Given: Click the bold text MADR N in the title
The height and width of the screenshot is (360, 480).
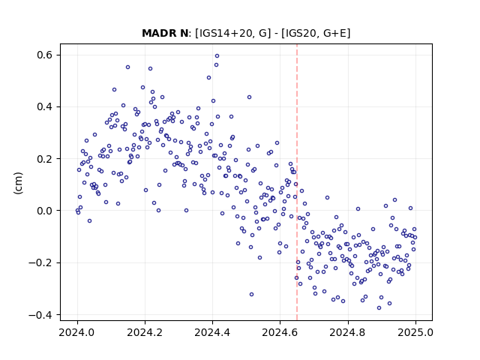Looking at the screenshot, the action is coord(165,33).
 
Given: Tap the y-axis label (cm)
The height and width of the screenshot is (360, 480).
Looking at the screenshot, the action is coord(18,183).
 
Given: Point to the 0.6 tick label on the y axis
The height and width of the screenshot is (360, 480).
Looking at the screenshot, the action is coord(44,55).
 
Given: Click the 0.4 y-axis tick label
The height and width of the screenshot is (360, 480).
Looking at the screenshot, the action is coord(44,106).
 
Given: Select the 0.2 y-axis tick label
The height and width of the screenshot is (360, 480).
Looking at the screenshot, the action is coord(44,159).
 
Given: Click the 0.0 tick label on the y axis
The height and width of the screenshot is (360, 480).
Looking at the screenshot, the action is coord(44,211).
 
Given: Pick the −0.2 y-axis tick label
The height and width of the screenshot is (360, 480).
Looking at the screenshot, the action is coord(40,262).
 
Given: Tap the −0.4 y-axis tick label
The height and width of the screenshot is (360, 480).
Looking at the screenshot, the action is coord(40,315).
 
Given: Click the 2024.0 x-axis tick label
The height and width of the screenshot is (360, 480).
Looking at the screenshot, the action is coord(77,332).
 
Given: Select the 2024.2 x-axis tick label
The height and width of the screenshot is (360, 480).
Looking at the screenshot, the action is coord(145,332).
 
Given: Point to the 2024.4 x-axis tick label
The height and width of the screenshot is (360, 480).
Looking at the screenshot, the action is coord(212,332).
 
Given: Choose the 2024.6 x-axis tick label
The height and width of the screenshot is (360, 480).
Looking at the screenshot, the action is coord(280,332).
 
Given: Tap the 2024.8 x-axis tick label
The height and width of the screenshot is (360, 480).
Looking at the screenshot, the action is coord(347,332).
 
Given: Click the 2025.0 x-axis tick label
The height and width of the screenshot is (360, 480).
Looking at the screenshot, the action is coord(415,332).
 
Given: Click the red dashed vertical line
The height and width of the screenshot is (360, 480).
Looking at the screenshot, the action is coord(297,182).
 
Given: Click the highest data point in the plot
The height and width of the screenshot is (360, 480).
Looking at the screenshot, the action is coord(217,56).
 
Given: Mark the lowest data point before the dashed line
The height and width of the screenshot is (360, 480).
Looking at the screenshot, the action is coord(252,295).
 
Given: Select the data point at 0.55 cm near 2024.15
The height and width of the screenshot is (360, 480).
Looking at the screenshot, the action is coord(128,67).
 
